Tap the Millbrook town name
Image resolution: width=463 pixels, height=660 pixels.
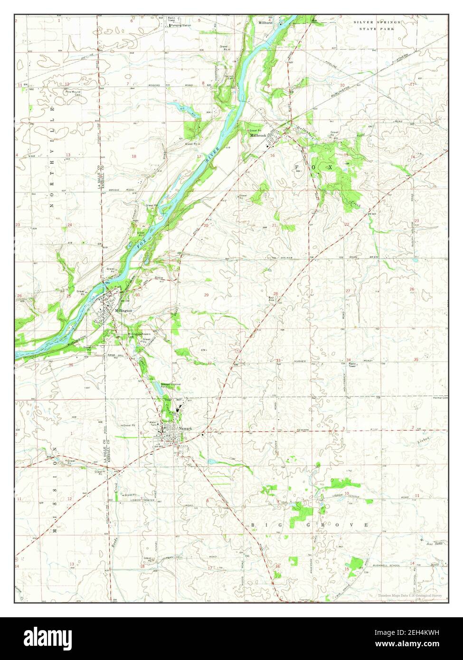[x=259, y=135]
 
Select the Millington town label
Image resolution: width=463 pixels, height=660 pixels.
[x=123, y=311]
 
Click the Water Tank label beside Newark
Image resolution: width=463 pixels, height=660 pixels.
[x=153, y=423]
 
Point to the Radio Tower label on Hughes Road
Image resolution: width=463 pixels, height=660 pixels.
[x=352, y=365]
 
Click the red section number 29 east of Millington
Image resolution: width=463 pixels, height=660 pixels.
[x=206, y=295]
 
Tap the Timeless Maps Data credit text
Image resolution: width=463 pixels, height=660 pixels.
[x=410, y=595]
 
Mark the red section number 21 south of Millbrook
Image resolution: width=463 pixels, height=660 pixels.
[x=274, y=225]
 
